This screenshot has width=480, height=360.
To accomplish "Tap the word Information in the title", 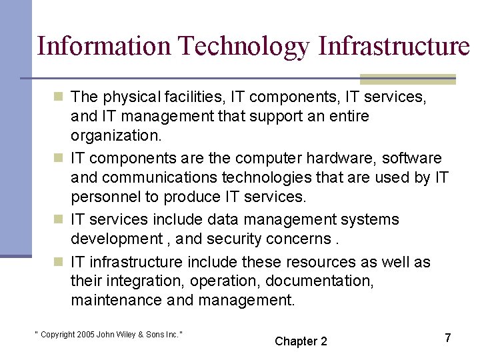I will tap(105, 47).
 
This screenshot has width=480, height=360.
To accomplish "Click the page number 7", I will tap(448, 338).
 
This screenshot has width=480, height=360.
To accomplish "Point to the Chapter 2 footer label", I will tap(301, 341).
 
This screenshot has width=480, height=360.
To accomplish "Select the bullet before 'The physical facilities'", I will tap(59, 97).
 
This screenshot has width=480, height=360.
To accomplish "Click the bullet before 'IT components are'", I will tap(59, 159).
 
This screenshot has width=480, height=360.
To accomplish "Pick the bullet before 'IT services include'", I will tap(59, 220).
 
